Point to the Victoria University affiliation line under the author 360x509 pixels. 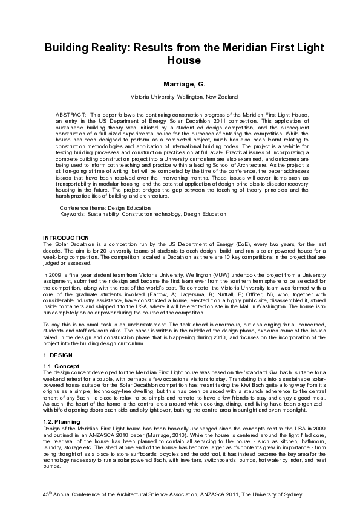(x=180, y=97)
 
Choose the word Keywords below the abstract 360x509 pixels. (x=73, y=213)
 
